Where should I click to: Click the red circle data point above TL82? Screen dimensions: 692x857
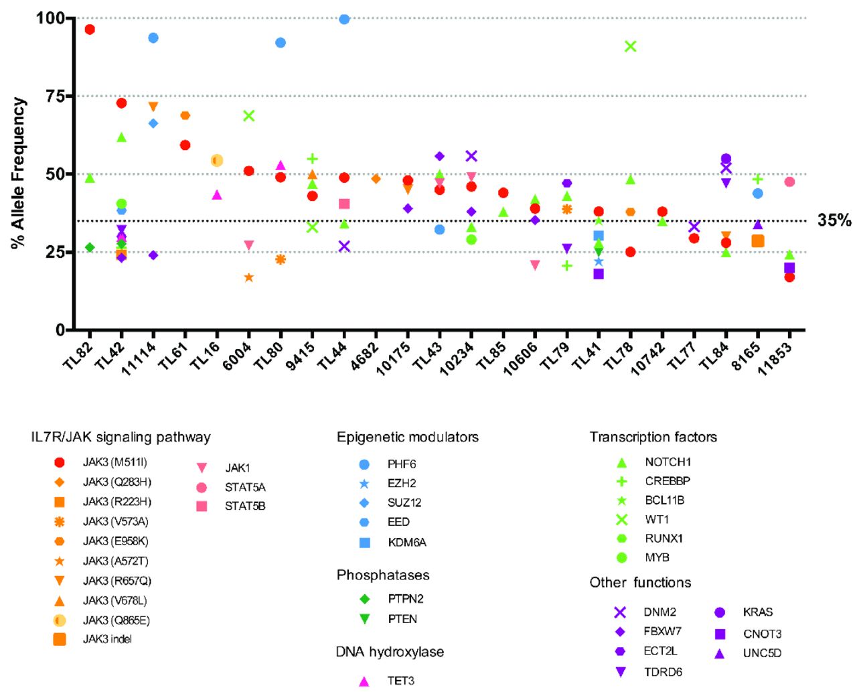pos(90,29)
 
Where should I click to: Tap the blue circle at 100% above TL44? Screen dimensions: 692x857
pos(344,19)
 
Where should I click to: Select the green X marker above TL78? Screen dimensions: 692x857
pos(630,46)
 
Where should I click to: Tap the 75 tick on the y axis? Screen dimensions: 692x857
pos(54,96)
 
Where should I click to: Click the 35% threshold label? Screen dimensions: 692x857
pos(834,220)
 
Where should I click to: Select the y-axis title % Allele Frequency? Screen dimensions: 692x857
pos(19,173)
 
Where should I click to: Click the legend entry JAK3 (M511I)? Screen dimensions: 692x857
pos(114,462)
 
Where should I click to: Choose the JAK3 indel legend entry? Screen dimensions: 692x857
pos(107,639)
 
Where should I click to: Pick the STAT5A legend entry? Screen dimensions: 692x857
pos(245,487)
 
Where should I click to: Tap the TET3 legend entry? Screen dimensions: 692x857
pos(400,681)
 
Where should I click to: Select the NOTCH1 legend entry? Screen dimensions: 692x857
pos(668,462)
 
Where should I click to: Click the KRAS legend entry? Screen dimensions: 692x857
pos(757,612)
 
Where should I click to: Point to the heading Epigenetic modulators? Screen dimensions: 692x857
pos(407,437)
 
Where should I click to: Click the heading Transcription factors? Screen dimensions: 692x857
pos(653,437)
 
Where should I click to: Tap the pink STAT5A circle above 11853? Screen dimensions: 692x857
pos(789,182)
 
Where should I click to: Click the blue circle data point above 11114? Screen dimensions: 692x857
pos(153,38)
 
